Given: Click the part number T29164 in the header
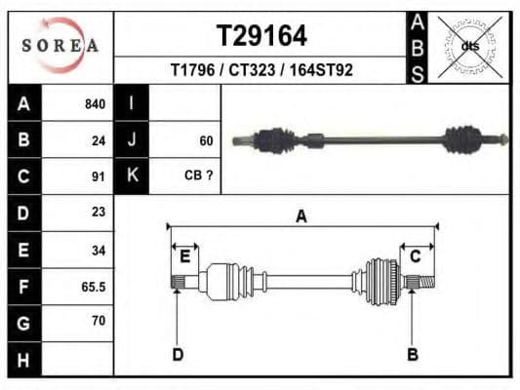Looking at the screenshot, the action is click(261, 36).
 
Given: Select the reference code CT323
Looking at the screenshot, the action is click(252, 70).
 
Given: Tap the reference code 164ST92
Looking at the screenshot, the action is click(321, 70).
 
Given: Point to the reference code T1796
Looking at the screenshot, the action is click(192, 70).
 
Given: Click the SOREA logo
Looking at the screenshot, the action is click(60, 45).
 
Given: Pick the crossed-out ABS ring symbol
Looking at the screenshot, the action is click(470, 47).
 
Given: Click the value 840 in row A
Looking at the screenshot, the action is click(96, 104).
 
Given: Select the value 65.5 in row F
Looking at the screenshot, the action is click(94, 287).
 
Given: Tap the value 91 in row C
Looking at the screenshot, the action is click(99, 176).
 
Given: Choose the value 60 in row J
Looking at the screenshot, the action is click(206, 140).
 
